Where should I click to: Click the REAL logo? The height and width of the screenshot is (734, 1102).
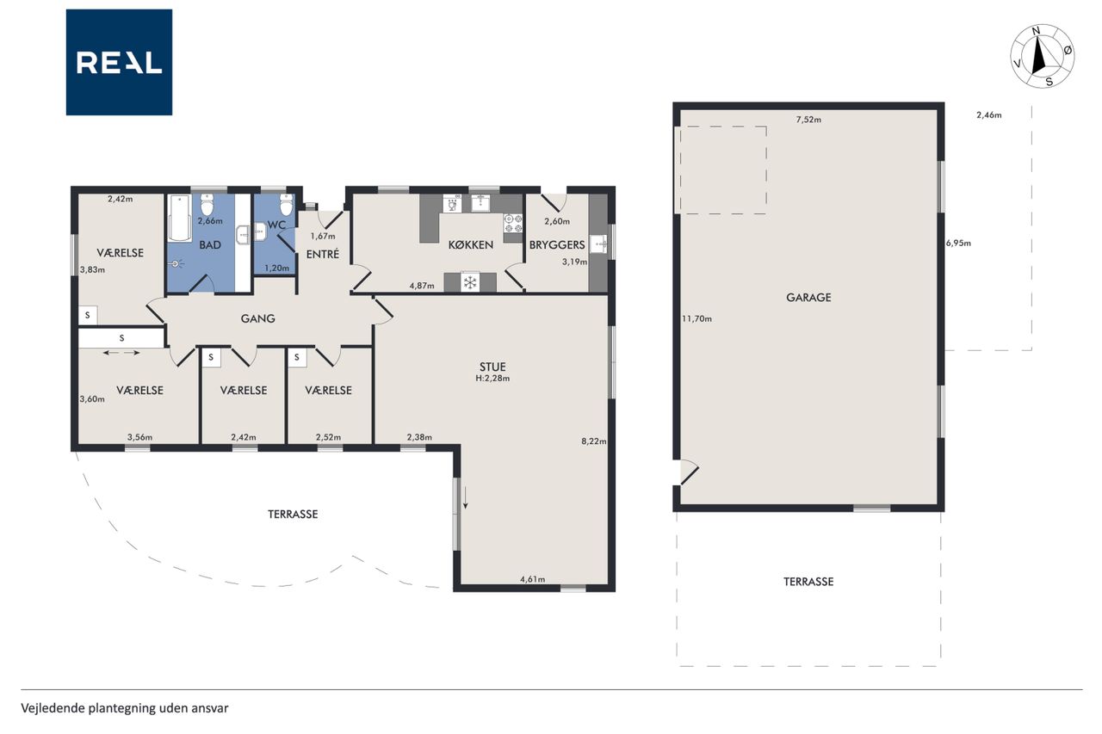(119, 63)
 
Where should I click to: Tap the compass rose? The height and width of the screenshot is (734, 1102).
(1042, 57)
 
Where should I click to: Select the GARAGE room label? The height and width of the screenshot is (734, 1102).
(808, 298)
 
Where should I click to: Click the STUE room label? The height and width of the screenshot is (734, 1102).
(492, 367)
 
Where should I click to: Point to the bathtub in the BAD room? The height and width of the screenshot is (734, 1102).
(180, 218)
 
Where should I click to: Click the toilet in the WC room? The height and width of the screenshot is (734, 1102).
(286, 204)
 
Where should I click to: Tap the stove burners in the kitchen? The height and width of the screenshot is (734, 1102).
(513, 223)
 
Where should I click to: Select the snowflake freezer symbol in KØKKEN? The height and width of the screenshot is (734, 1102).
(470, 282)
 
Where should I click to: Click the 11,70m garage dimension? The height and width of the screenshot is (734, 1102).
(696, 318)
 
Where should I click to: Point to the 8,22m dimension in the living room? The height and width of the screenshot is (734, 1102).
(594, 441)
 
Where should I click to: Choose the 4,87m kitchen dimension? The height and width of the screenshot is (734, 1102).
(422, 286)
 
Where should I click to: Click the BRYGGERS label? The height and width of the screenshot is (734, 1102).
(557, 245)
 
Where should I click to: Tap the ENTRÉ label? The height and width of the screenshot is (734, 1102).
(323, 254)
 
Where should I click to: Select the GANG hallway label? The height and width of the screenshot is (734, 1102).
(257, 318)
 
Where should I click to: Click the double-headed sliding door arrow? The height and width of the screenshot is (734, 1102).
(121, 353)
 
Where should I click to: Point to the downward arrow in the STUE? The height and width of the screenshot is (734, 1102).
(466, 499)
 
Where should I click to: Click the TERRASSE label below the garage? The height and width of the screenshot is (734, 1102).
(808, 582)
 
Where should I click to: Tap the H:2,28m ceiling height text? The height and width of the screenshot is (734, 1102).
(492, 379)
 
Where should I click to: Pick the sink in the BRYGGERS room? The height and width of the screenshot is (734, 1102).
(598, 244)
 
